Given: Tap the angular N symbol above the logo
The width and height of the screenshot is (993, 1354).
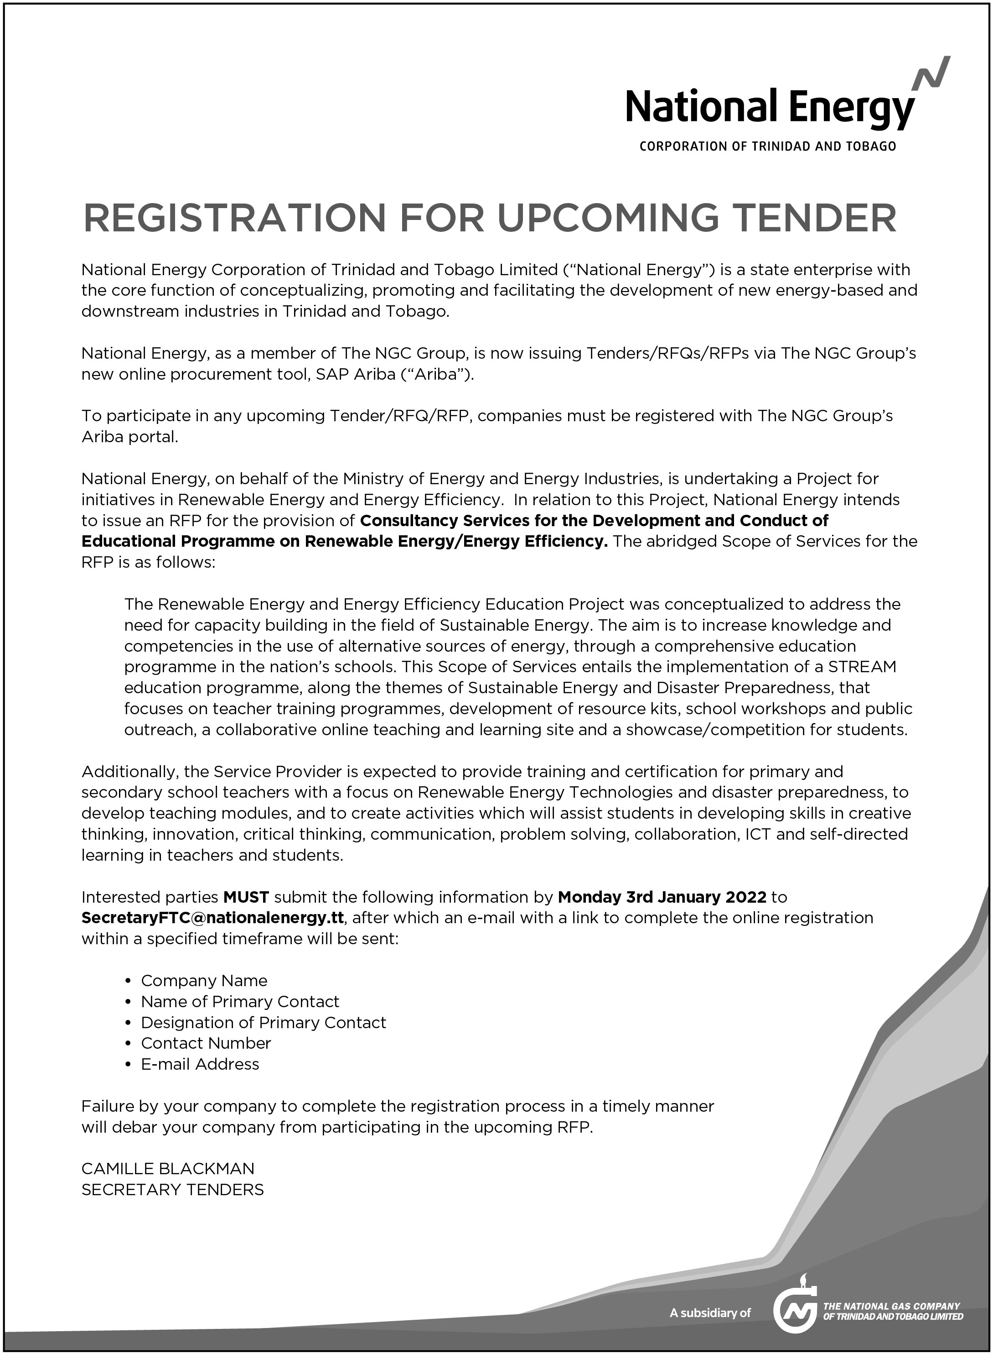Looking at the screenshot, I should [x=931, y=73].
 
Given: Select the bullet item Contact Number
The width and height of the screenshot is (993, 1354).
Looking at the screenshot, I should [x=206, y=1043].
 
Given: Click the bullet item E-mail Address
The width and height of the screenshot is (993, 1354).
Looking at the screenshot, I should [x=200, y=1064].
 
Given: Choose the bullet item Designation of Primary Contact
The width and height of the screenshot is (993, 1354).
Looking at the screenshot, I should [x=263, y=1023].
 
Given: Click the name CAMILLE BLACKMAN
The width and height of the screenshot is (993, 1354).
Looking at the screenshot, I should [x=168, y=1169].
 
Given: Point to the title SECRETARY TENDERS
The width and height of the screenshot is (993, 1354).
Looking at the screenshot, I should [x=172, y=1190].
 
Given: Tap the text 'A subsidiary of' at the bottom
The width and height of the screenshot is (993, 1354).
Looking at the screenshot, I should [x=710, y=1313].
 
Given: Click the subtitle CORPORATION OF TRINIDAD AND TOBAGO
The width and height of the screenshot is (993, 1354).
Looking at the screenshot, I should [x=768, y=146].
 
